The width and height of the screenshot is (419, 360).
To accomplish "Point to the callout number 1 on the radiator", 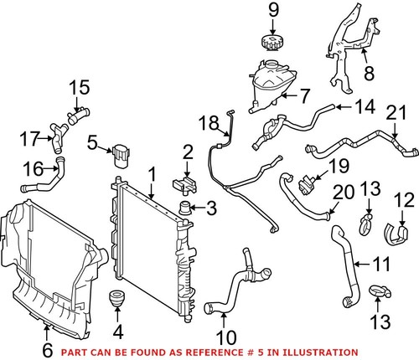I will pos(152,175).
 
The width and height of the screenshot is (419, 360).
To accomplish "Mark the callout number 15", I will pos(78,86).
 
